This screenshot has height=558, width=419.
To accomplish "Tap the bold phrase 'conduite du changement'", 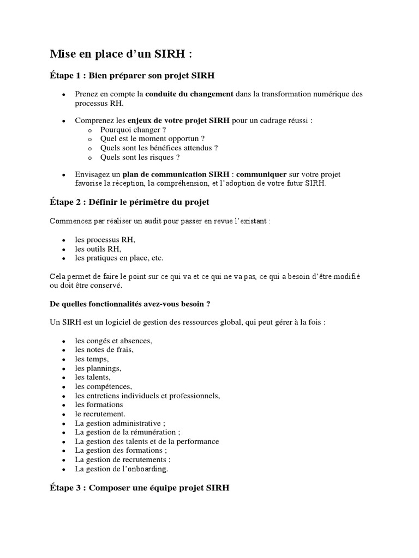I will coord(189,94).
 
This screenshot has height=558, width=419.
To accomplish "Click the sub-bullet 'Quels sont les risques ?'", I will coord(140,157).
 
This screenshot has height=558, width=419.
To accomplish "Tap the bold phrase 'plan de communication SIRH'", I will coord(171,174).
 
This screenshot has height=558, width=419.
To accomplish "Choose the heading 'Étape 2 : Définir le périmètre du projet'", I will coord(129,202).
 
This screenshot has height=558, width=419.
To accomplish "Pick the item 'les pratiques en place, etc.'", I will coord(119,258).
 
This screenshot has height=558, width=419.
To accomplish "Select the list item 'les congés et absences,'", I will coord(113,341).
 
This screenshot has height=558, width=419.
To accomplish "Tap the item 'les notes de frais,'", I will coord(104,350).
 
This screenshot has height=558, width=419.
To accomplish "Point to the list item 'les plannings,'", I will coord(98,368).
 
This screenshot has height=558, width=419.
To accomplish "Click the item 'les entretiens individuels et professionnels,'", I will coord(147,396).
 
